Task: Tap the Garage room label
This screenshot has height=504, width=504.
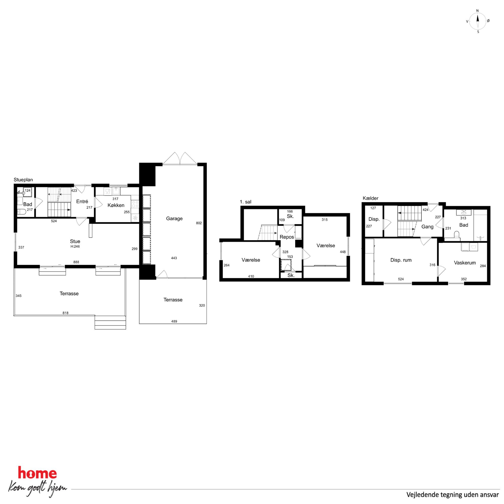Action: (x=174, y=219)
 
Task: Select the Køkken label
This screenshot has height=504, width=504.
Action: (x=116, y=205)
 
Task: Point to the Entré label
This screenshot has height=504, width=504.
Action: (x=82, y=201)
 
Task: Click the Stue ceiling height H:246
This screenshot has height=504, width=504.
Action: (x=75, y=246)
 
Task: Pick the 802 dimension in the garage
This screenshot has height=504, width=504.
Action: (x=199, y=223)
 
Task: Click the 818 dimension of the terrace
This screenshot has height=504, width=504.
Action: (x=66, y=313)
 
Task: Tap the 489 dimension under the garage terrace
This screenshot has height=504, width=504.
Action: (x=174, y=321)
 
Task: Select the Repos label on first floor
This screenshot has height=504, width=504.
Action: (x=287, y=237)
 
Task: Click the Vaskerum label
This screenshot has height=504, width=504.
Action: (x=465, y=263)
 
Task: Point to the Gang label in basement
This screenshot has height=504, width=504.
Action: (x=427, y=227)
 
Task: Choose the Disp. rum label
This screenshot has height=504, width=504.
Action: (x=401, y=260)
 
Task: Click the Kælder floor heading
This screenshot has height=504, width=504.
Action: (x=370, y=198)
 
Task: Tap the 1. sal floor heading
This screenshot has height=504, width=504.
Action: (x=246, y=202)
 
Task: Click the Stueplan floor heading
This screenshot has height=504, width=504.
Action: (x=23, y=180)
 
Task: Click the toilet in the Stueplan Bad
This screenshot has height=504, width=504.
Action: (x=21, y=212)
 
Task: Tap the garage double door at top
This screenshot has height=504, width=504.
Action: (x=180, y=159)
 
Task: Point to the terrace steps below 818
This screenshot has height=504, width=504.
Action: (x=110, y=323)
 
